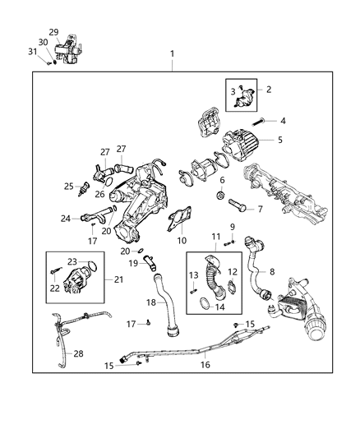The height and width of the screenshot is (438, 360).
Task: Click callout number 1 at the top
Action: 172,54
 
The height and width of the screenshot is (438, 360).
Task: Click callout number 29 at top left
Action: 53,32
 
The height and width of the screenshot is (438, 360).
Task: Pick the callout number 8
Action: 272,270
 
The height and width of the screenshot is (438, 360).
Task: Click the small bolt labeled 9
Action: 230,242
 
